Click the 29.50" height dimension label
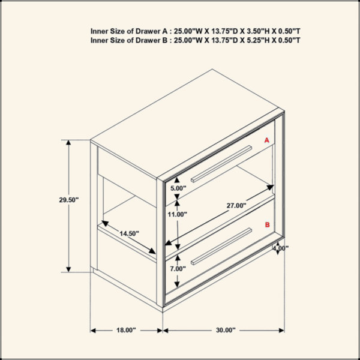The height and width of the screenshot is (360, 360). pyautogui.click(x=69, y=200)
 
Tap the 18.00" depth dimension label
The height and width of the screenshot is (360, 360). pyautogui.click(x=126, y=330)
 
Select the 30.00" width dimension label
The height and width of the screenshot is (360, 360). pyautogui.click(x=226, y=330)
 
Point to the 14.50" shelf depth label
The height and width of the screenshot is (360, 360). pyautogui.click(x=129, y=233)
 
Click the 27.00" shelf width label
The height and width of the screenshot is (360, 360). pyautogui.click(x=236, y=205)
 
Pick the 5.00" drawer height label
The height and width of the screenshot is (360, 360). pyautogui.click(x=178, y=188)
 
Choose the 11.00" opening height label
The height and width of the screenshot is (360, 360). pyautogui.click(x=177, y=214)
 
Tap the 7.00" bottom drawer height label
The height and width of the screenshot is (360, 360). pyautogui.click(x=178, y=268)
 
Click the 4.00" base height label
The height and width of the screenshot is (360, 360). pyautogui.click(x=281, y=248)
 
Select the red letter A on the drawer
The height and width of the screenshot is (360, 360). pyautogui.click(x=266, y=140)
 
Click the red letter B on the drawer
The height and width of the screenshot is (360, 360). pyautogui.click(x=267, y=224)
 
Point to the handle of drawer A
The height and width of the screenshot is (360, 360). pyautogui.click(x=221, y=164)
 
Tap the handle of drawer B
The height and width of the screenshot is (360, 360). pyautogui.click(x=221, y=247)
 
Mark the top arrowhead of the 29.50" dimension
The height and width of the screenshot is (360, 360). pyautogui.click(x=68, y=143)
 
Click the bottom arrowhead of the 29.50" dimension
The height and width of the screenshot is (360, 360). pyautogui.click(x=68, y=269)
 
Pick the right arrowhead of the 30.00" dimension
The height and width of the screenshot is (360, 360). pyautogui.click(x=281, y=331)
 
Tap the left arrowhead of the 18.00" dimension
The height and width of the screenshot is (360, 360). pyautogui.click(x=93, y=331)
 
